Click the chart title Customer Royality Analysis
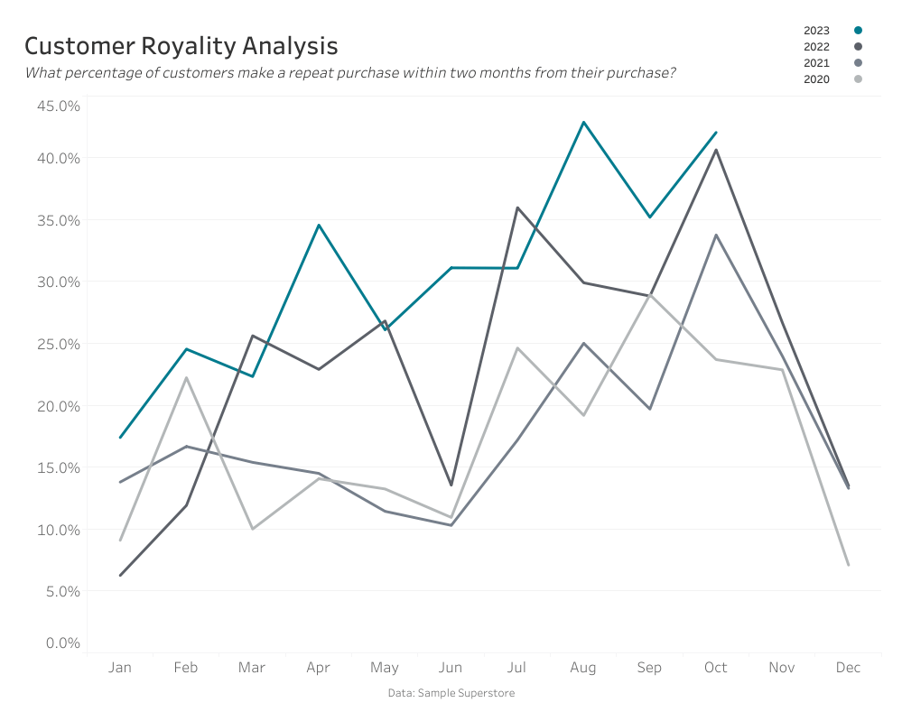(x=181, y=46)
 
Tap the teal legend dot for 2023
(x=858, y=31)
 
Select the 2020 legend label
(x=816, y=79)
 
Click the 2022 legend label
(x=816, y=47)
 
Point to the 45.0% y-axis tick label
(x=59, y=106)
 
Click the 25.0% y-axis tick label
(x=59, y=344)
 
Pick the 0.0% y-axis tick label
(x=62, y=643)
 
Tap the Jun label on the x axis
(x=451, y=668)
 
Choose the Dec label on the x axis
(x=848, y=668)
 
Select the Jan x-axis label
(x=120, y=668)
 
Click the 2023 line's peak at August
(x=583, y=122)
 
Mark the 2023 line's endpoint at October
(x=716, y=132)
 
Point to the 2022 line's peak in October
(x=716, y=150)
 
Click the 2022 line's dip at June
(x=451, y=485)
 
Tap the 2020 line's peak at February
(x=186, y=377)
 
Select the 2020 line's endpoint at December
(x=848, y=565)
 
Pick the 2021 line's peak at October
(x=716, y=235)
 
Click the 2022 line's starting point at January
(x=120, y=575)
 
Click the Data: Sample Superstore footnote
(x=451, y=693)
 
